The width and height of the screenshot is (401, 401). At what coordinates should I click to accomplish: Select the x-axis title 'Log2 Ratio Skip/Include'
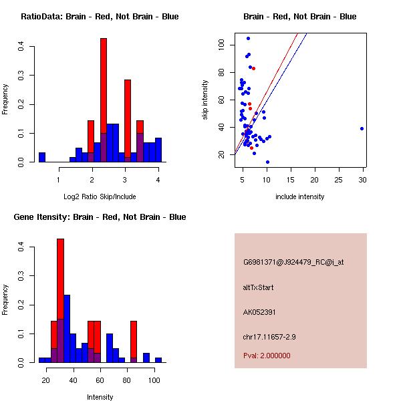100,196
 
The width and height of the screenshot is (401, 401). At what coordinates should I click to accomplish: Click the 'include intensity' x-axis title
300,196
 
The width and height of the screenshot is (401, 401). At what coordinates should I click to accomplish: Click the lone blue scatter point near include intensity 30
362,128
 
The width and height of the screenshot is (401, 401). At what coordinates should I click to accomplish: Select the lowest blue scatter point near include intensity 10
267,162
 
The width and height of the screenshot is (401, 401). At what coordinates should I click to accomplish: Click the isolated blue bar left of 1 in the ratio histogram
42,158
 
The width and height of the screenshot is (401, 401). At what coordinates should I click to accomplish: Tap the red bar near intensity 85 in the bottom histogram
134,341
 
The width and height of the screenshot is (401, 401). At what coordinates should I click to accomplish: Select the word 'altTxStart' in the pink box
259,287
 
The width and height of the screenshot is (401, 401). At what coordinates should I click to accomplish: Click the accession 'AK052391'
260,311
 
